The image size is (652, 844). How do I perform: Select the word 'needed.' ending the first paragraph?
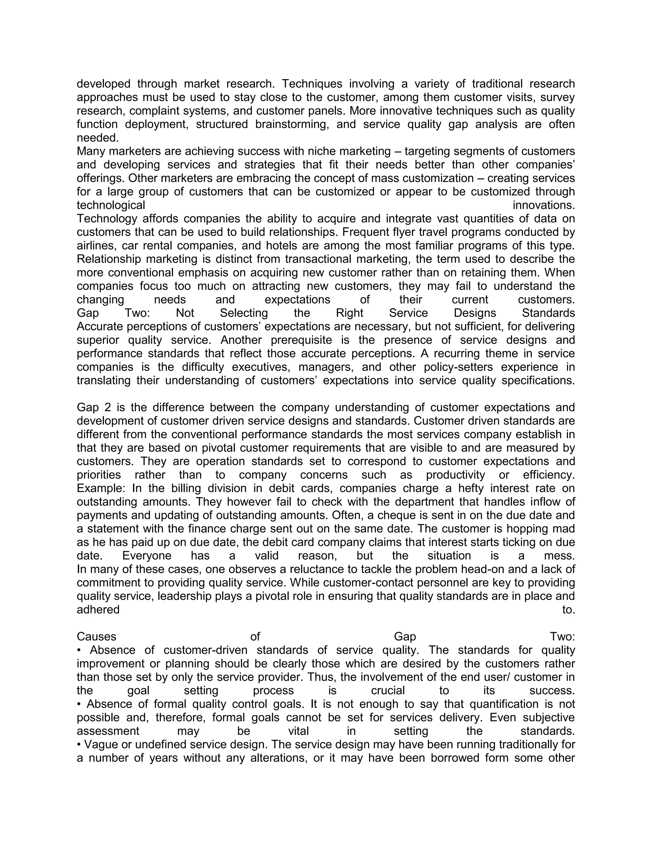tap(98, 138)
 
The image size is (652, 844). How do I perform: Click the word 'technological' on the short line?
tap(111, 205)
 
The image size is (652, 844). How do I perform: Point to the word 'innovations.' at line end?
tap(543, 205)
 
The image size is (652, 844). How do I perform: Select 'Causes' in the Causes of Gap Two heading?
tap(96, 636)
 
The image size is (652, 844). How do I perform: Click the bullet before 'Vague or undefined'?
tap(79, 745)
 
